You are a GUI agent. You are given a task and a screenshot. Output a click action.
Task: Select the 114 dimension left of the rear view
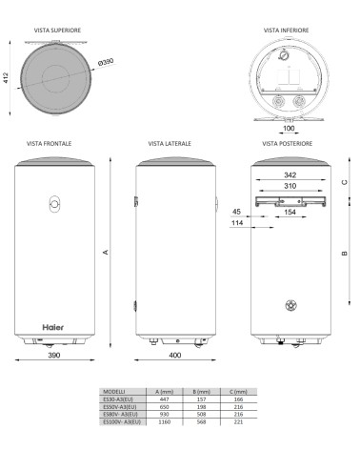click(x=235, y=224)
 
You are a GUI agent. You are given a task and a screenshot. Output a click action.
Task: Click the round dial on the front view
click(x=53, y=204)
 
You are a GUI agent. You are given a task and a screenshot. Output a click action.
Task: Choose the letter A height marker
click(x=107, y=252)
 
